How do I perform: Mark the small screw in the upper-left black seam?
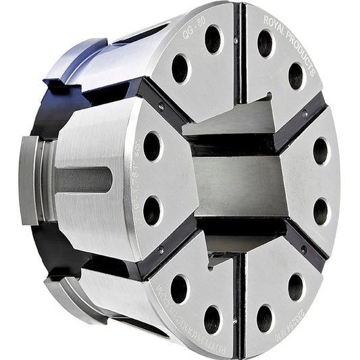coord(159,105)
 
